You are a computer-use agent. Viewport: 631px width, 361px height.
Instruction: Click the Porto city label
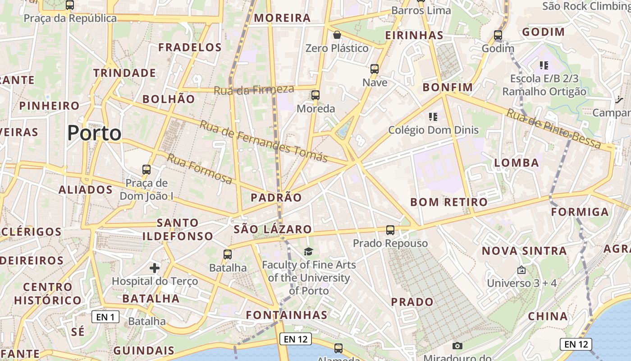tap(94, 133)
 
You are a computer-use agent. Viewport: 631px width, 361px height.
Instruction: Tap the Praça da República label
tap(70, 19)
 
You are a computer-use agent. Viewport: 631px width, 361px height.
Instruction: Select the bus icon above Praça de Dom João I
tap(146, 170)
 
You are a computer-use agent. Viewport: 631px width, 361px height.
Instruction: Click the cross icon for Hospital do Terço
tap(155, 268)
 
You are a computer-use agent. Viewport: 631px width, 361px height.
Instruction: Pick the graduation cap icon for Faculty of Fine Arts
tap(308, 251)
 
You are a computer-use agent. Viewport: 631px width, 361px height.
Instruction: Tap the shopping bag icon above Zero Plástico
tap(337, 35)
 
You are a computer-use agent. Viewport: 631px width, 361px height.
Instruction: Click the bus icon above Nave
tap(375, 69)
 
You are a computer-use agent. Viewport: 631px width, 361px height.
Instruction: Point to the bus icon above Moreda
tap(315, 95)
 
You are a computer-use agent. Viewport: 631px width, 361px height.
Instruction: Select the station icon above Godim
tap(498, 35)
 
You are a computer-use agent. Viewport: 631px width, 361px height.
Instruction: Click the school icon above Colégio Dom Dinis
tap(433, 117)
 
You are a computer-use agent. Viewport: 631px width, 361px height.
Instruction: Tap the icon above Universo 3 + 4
tap(521, 270)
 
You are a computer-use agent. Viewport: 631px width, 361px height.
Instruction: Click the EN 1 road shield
tap(105, 317)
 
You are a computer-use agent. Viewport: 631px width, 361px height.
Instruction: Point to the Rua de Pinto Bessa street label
tap(553, 129)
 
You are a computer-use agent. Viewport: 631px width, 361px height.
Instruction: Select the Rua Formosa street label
tap(200, 169)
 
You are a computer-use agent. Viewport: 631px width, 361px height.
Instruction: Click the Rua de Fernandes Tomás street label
tap(264, 141)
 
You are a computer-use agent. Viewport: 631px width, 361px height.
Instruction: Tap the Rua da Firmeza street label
tap(254, 89)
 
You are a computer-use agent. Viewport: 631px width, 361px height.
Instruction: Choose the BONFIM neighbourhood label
tap(448, 87)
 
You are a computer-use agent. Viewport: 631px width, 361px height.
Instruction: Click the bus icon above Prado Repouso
tap(390, 230)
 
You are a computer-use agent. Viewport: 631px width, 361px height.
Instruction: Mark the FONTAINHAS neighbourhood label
tap(287, 315)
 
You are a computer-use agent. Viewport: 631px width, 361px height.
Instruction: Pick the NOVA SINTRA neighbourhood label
tap(525, 251)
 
